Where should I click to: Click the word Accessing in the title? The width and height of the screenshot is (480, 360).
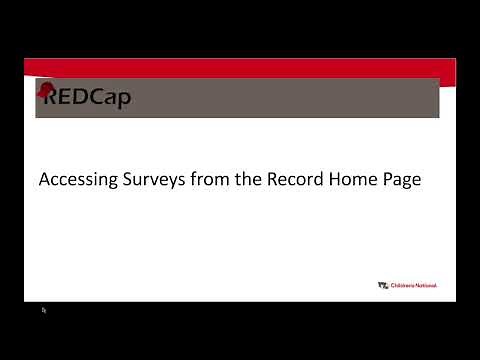(74, 181)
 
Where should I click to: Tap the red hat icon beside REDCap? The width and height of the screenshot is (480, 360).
(45, 91)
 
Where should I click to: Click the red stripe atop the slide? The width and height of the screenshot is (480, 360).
(240, 67)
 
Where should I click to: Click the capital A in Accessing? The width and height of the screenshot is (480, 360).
(44, 181)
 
